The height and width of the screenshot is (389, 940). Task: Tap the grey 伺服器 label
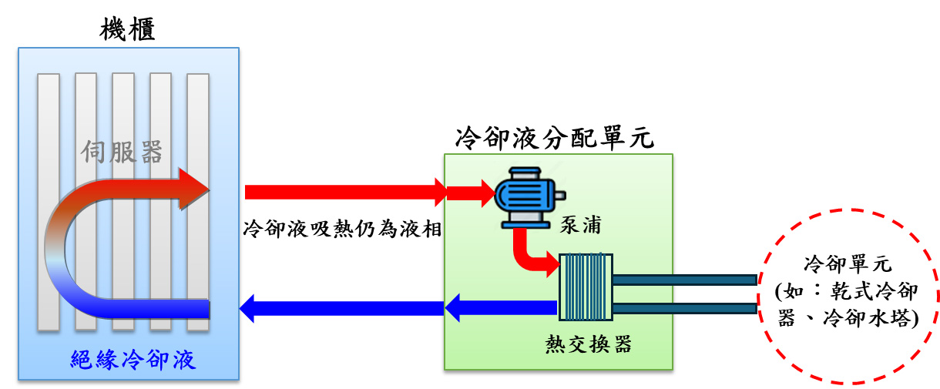(122, 152)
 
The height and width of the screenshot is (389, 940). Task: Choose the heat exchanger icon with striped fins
(585, 287)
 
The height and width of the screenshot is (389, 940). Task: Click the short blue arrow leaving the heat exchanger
(500, 309)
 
